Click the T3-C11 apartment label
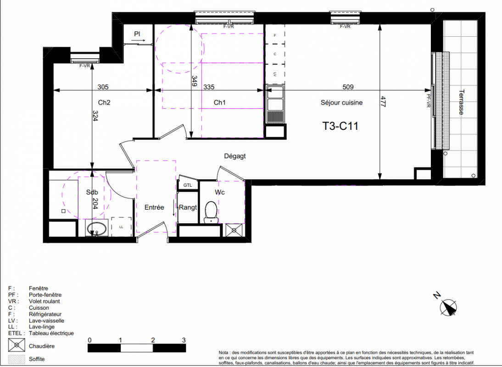point(340,126)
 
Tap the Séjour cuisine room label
point(341,103)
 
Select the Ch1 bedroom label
point(220,102)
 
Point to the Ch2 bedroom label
point(104,102)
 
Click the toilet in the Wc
point(211,212)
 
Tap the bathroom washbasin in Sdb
point(97,229)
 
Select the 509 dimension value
point(348,87)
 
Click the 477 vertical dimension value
point(384,102)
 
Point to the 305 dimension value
point(103,87)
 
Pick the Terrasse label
point(461,102)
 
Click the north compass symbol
point(447,306)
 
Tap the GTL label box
point(188,185)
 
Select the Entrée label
point(154,207)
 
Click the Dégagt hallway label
point(235,156)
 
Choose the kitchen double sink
point(275,104)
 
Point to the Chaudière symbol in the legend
point(17,345)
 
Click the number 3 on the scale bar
point(184,340)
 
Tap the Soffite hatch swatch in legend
point(17,359)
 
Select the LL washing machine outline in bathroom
point(121,227)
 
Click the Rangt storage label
point(188,207)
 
